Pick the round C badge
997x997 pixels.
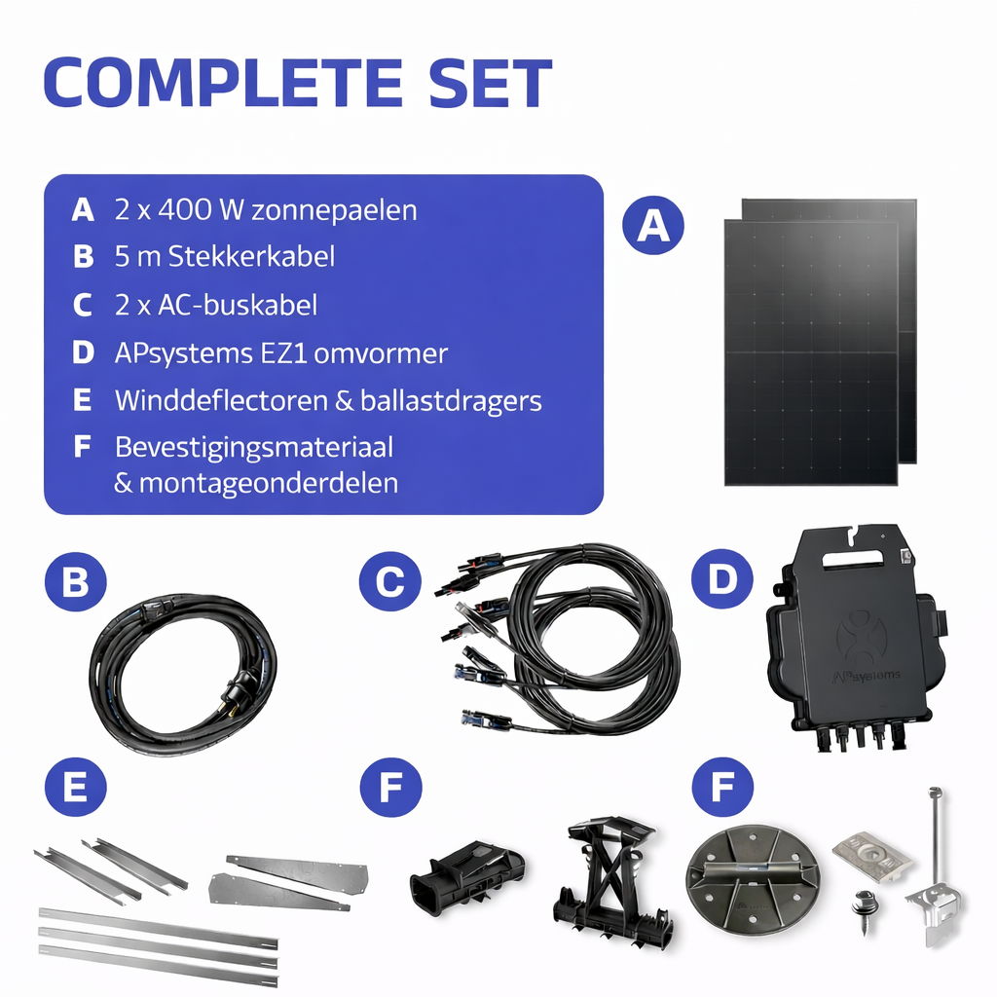[x=389, y=581]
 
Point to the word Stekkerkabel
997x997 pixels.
[x=251, y=257]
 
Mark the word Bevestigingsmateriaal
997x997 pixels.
[x=254, y=448]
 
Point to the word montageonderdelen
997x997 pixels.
[x=269, y=483]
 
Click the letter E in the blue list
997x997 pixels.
[x=83, y=400]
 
